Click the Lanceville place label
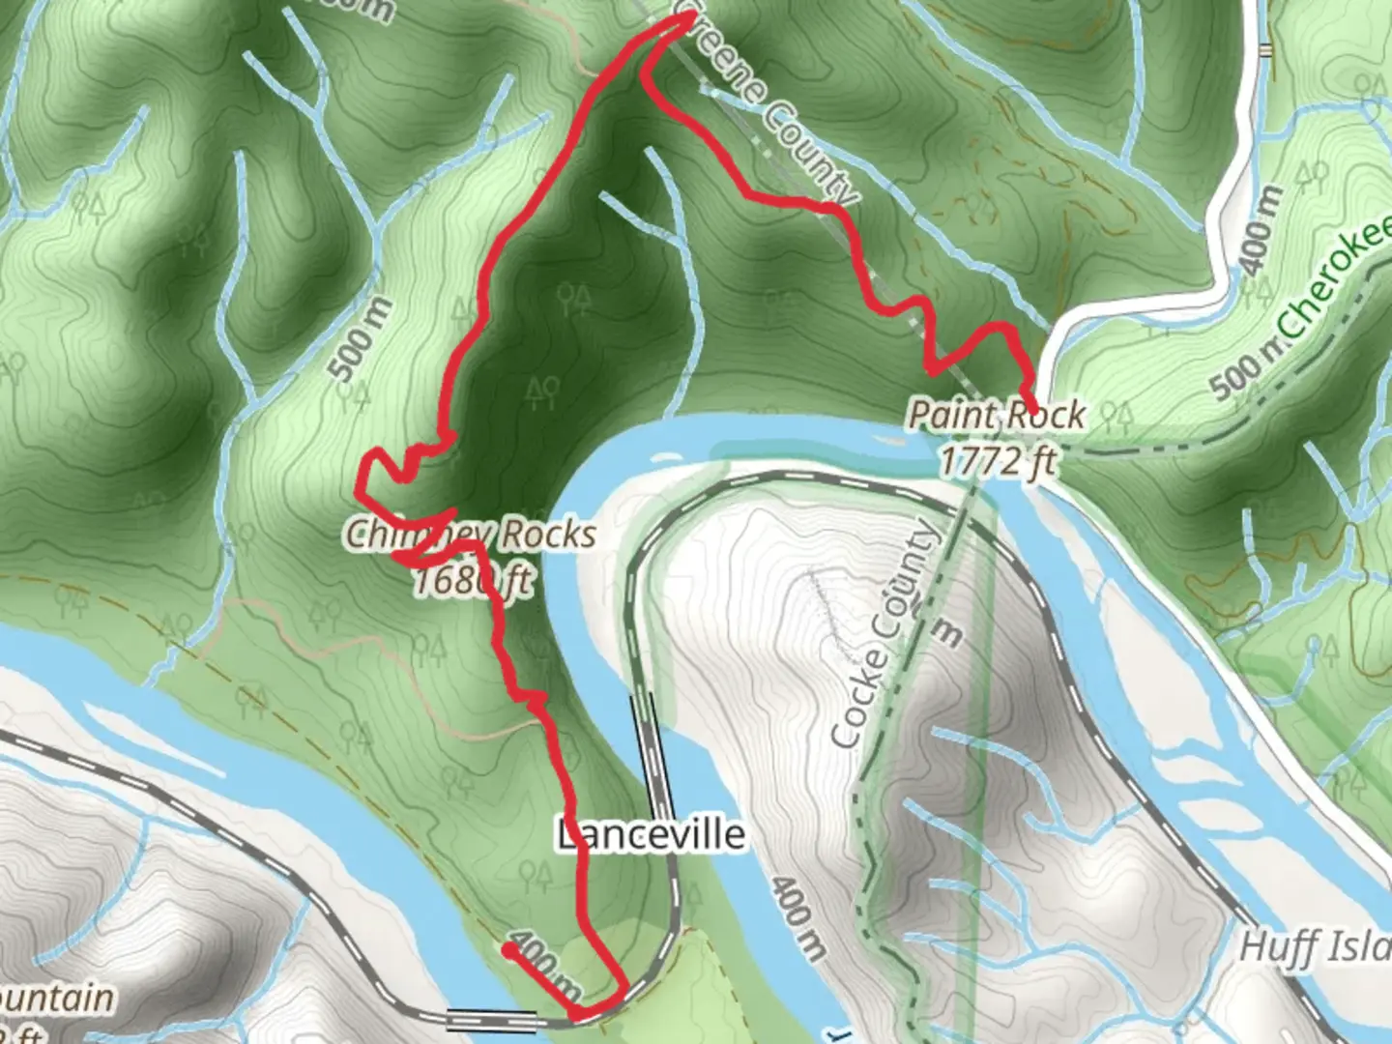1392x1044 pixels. click(652, 834)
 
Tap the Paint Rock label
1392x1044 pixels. click(997, 416)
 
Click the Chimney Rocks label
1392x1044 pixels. click(471, 534)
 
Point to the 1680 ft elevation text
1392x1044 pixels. click(473, 581)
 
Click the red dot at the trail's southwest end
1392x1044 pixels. click(507, 950)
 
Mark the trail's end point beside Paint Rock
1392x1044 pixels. click(1033, 410)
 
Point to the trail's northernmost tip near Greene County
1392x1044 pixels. click(688, 25)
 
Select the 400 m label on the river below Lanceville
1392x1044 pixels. click(797, 918)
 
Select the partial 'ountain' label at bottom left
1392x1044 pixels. click(56, 997)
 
